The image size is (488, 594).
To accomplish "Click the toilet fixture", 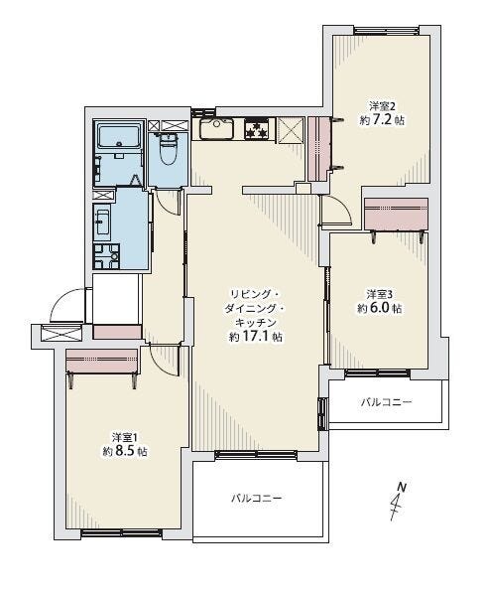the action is coord(168,149).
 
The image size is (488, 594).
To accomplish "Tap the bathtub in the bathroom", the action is coord(119,137).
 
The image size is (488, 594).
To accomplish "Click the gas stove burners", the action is coord(257,129).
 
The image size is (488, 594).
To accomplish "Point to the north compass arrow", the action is coord(398,501).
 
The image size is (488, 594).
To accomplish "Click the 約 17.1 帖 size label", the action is coord(256,337).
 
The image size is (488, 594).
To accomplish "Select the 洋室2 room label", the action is coord(382,105).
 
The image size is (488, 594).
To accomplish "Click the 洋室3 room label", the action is coord(380,294).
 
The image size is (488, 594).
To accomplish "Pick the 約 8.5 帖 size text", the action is coord(125,451).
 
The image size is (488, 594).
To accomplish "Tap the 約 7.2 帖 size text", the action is coord(382,120).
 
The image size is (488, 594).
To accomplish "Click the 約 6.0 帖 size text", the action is coord(380,308).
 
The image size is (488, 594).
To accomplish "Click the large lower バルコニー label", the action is coord(257,498).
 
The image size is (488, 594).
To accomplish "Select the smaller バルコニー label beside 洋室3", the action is coord(386,401).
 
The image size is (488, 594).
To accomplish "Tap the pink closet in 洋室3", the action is coord(396,214).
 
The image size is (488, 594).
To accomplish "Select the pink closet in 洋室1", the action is coord(101,361).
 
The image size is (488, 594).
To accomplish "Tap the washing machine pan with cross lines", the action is coord(107,256).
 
